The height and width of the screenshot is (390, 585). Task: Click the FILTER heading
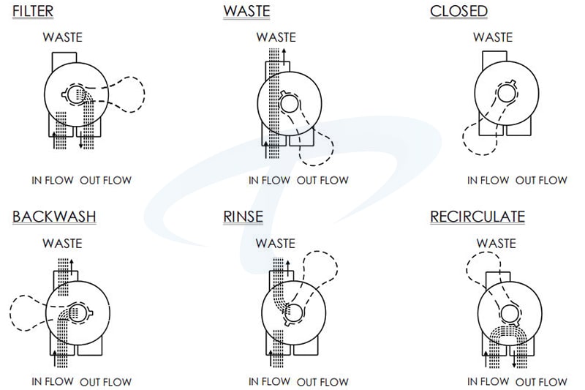pyautogui.click(x=33, y=12)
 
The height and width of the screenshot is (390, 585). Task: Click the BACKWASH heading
pyautogui.click(x=54, y=217)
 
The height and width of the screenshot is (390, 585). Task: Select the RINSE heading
pyautogui.click(x=244, y=217)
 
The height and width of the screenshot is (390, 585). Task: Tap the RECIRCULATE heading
pyautogui.click(x=478, y=217)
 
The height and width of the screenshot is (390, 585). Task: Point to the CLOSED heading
pyautogui.click(x=459, y=12)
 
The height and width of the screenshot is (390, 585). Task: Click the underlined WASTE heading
pyautogui.click(x=247, y=12)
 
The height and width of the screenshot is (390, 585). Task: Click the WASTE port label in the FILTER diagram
pyautogui.click(x=62, y=37)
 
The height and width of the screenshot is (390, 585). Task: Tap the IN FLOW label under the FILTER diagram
pyautogui.click(x=50, y=180)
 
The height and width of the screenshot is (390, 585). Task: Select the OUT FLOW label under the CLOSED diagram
pyautogui.click(x=541, y=180)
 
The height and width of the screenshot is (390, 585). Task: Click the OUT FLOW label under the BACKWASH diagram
pyautogui.click(x=106, y=381)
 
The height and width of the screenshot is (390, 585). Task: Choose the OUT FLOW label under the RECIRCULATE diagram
pyautogui.click(x=542, y=381)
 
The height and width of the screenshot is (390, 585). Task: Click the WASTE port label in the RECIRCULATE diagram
pyautogui.click(x=496, y=243)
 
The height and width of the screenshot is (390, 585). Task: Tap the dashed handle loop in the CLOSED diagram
pyautogui.click(x=478, y=140)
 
